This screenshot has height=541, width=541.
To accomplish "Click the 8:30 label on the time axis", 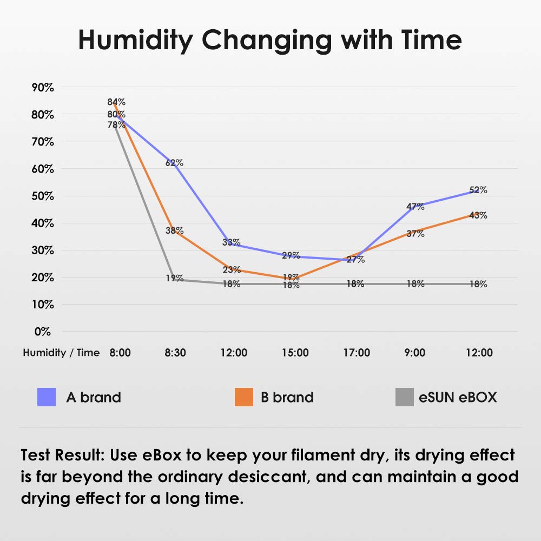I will (175, 353).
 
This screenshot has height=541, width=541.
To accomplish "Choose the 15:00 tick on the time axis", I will (295, 353).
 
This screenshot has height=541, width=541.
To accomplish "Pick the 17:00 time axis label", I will (357, 353).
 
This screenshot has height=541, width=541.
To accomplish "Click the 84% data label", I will (116, 102).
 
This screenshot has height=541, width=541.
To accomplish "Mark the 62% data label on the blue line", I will (174, 163).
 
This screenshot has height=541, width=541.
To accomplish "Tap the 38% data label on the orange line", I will (174, 230).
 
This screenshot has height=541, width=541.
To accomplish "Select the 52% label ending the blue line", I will (478, 190).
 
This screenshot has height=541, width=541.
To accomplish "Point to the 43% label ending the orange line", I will (478, 215).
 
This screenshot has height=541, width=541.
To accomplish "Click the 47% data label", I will (415, 206).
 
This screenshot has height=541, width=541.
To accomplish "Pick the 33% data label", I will (232, 242).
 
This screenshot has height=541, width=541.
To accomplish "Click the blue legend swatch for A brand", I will (47, 398).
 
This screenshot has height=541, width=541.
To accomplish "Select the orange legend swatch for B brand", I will (244, 398).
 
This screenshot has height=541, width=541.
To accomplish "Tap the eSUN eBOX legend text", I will (458, 398).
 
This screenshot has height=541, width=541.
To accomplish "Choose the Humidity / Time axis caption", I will (61, 353).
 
